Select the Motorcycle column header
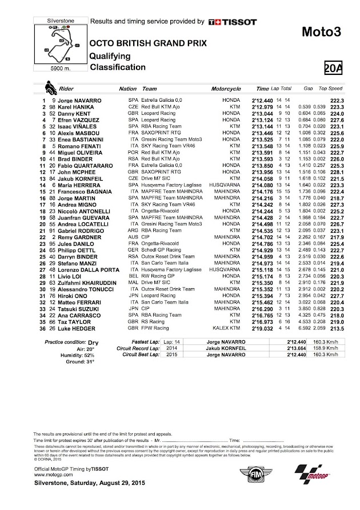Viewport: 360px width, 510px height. point(227,89)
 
